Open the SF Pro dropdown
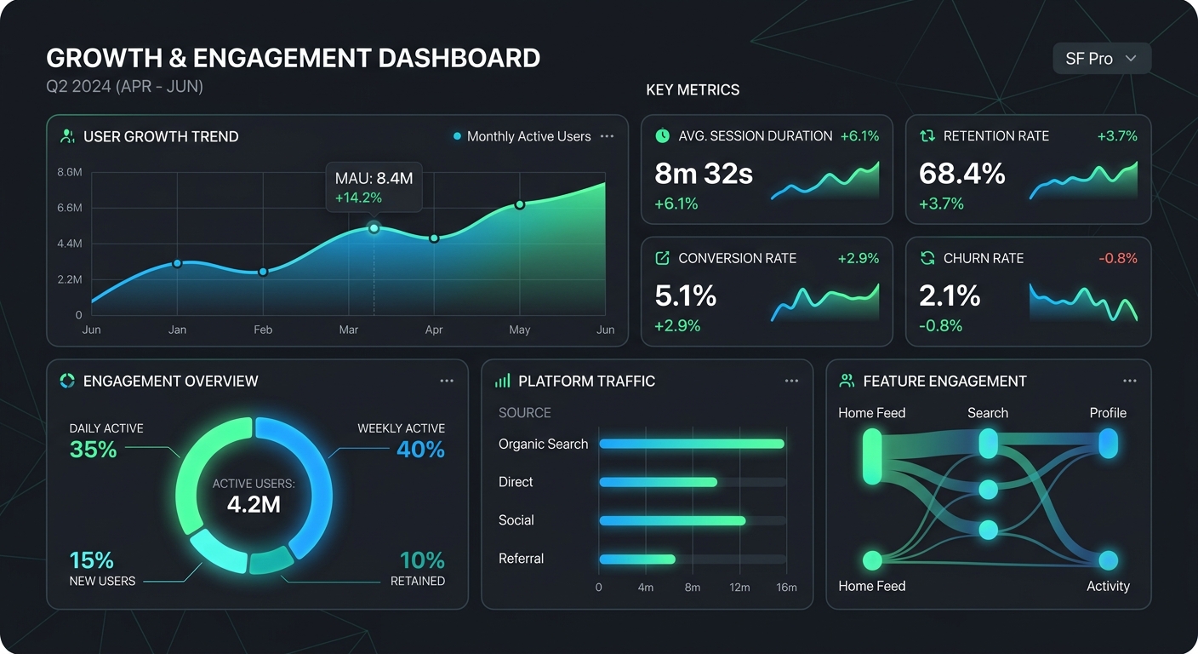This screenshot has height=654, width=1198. (x=1101, y=59)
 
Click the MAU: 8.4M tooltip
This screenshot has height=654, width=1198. (x=374, y=187)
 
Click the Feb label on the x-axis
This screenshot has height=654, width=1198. (x=263, y=330)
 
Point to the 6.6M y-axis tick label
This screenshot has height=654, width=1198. (x=70, y=208)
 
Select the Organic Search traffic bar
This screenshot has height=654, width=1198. (x=691, y=444)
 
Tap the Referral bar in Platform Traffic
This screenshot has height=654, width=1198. (x=637, y=559)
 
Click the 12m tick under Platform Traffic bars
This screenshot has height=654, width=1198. (x=739, y=588)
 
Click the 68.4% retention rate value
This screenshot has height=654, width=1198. (x=962, y=175)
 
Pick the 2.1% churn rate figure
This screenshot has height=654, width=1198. (x=950, y=296)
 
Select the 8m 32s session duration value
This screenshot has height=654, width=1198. (x=704, y=175)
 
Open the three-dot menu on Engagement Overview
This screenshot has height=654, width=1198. (x=447, y=381)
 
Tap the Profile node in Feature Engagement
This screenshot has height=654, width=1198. (x=1108, y=444)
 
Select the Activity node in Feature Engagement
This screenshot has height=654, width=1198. (x=1108, y=560)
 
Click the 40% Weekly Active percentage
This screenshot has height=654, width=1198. (x=420, y=449)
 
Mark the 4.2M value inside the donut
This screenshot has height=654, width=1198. (x=254, y=504)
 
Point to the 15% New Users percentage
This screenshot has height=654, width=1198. (x=92, y=560)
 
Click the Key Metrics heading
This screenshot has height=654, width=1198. (x=693, y=90)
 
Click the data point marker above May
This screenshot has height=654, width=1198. (x=519, y=204)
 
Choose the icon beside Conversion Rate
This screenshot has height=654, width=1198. (x=662, y=258)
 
